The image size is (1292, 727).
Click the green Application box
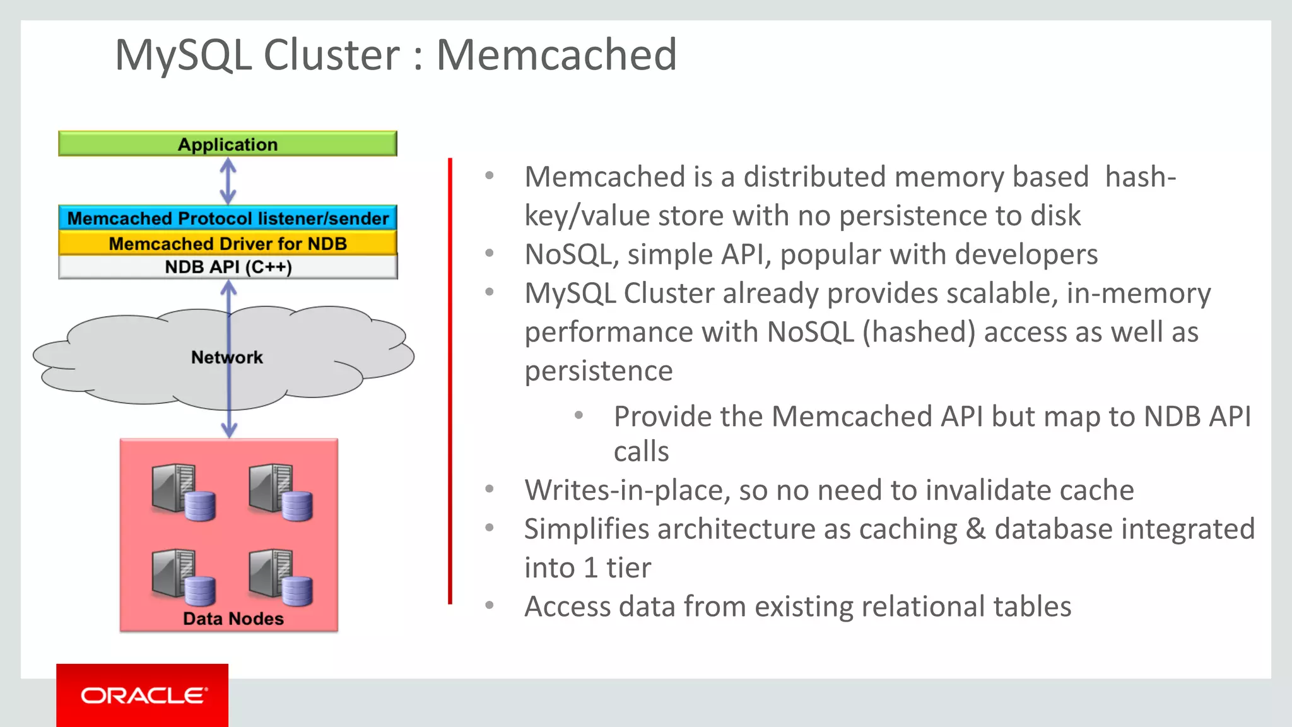(228, 144)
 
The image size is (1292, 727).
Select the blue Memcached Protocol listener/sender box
(228, 218)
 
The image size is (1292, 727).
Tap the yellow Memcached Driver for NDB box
(228, 244)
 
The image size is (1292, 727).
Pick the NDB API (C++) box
(228, 267)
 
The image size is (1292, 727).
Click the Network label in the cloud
(226, 357)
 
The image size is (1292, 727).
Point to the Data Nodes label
(233, 618)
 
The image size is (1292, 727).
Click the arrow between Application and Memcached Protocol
(228, 181)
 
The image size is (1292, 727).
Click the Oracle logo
(143, 695)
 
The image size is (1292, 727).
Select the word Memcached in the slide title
(556, 55)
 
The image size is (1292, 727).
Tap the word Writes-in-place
(627, 490)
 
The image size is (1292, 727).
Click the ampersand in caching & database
(975, 529)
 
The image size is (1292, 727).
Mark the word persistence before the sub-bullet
(598, 371)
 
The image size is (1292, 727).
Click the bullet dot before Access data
(490, 606)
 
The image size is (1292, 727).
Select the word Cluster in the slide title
(331, 55)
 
